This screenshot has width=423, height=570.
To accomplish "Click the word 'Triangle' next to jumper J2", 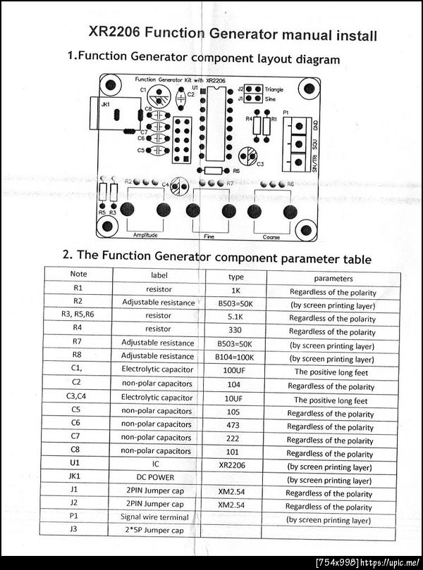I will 275,89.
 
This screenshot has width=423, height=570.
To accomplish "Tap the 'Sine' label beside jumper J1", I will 270,99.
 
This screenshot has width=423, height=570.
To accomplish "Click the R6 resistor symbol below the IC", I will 211,170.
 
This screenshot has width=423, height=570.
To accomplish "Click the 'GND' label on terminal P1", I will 314,125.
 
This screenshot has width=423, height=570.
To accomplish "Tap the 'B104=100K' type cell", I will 235,357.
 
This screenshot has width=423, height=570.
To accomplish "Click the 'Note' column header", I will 79,274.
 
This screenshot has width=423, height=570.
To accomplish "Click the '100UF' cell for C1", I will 235,371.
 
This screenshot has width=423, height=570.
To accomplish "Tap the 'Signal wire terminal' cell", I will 158,517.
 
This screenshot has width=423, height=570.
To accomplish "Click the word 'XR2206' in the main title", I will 116,33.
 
